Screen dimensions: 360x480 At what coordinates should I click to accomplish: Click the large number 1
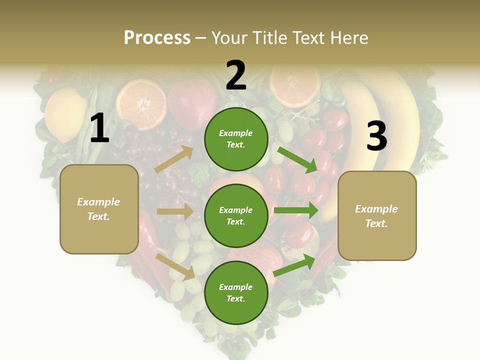pyautogui.click(x=99, y=128)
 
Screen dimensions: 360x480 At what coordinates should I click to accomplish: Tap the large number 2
pyautogui.click(x=236, y=75)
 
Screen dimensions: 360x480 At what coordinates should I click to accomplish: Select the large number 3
pyautogui.click(x=376, y=136)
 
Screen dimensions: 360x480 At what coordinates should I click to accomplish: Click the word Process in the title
pyautogui.click(x=157, y=37)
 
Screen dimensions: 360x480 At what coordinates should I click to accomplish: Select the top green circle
pyautogui.click(x=236, y=139)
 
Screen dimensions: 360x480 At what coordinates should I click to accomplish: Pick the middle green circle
pyautogui.click(x=236, y=215)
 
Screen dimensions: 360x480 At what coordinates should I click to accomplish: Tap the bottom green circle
pyautogui.click(x=236, y=292)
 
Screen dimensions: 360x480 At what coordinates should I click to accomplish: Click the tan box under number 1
pyautogui.click(x=99, y=209)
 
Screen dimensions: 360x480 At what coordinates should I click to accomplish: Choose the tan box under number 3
pyautogui.click(x=377, y=215)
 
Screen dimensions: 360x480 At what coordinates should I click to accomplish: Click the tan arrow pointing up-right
pyautogui.click(x=174, y=159)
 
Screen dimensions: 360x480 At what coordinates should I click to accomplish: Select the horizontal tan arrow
pyautogui.click(x=175, y=211)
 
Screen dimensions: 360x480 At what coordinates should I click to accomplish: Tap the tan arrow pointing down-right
pyautogui.click(x=175, y=266)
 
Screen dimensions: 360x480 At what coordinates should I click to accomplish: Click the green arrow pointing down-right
pyautogui.click(x=298, y=159)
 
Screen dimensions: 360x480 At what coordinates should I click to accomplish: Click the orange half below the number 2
pyautogui.click(x=294, y=82)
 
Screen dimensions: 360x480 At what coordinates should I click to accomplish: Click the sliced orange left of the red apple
pyautogui.click(x=141, y=104)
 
